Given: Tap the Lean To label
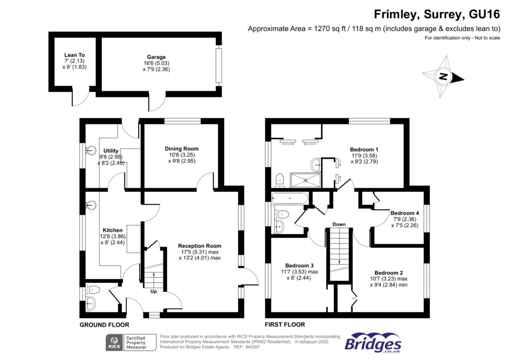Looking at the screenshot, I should click(75, 55).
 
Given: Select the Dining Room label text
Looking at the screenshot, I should click(181, 149).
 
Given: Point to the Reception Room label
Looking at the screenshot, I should click(199, 246).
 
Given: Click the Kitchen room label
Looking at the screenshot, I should click(112, 230).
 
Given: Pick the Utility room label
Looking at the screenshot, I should click(111, 151).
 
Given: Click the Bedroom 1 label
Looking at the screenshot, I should click(364, 149).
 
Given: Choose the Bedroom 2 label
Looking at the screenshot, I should click(388, 272).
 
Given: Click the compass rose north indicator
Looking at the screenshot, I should click(443, 77).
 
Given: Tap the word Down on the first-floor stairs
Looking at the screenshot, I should click(339, 224).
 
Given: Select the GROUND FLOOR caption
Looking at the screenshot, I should click(104, 325).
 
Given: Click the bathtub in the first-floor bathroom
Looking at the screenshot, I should click(291, 199).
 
